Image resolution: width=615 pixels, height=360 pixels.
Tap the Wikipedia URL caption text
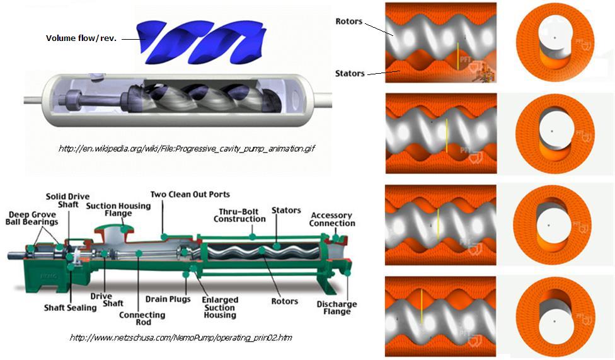[x=186, y=149]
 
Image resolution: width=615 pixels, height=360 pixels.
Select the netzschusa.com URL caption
[x=180, y=338]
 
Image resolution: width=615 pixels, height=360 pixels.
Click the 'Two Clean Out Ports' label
[x=190, y=194]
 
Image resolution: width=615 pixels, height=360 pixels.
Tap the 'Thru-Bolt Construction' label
[x=239, y=215]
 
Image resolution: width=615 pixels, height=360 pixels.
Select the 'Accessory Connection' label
[x=332, y=219]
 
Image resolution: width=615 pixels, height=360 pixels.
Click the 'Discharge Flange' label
[x=336, y=308]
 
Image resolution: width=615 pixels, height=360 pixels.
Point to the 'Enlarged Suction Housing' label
[x=220, y=307]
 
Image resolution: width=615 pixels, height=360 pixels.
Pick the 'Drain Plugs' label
[x=168, y=299]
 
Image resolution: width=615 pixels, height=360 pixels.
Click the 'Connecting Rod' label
[x=142, y=319]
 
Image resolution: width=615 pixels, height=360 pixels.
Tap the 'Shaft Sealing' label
[x=70, y=308]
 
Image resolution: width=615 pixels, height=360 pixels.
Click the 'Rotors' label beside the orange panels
[x=348, y=21]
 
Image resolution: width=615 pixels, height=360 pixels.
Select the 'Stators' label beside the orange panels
[x=350, y=73]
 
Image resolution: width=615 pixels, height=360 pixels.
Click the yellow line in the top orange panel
[x=458, y=55]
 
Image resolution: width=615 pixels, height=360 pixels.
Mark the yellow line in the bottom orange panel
[x=420, y=310]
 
